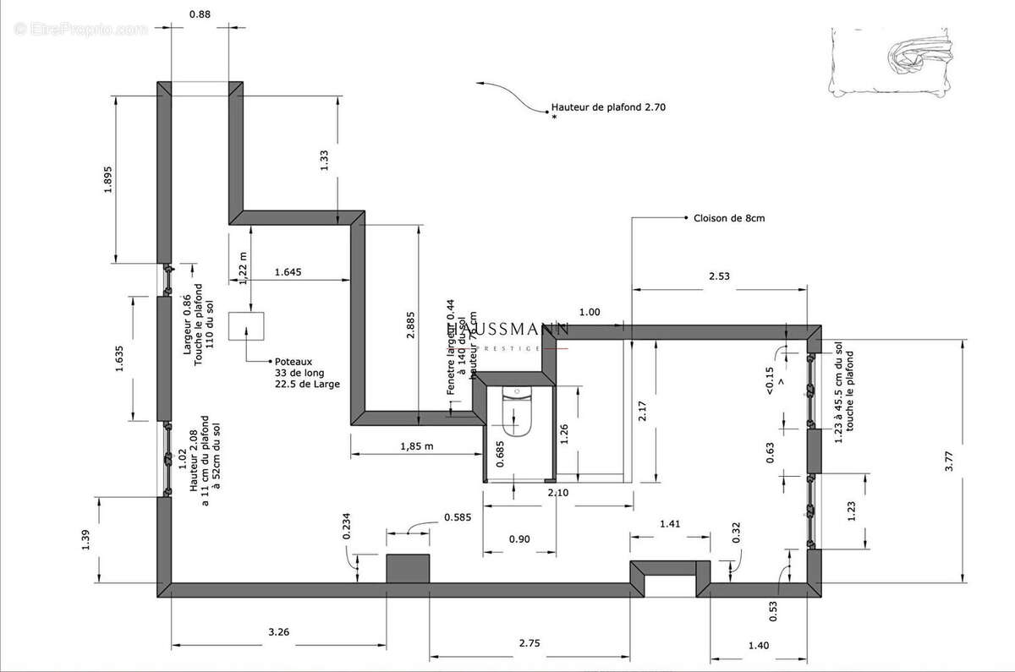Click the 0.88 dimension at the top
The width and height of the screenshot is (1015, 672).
click(200, 14)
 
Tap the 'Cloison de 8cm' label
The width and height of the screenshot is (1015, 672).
click(729, 218)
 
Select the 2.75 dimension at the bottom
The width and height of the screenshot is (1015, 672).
click(529, 643)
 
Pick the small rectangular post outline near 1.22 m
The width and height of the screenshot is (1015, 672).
click(246, 325)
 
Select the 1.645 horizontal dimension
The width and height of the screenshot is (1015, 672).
click(288, 272)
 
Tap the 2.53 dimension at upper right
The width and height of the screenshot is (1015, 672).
click(719, 276)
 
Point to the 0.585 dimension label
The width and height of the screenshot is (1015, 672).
click(458, 517)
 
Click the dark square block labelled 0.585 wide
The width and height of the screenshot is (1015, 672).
click(409, 569)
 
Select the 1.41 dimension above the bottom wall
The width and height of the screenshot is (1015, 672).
click(669, 524)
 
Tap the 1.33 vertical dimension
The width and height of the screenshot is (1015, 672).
click(324, 161)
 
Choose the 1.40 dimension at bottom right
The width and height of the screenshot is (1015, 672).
click(759, 646)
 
